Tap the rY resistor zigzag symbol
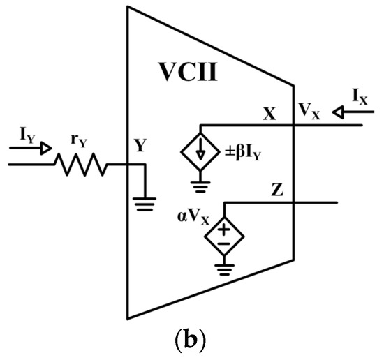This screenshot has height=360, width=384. click(x=82, y=165)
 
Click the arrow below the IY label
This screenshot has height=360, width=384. click(x=26, y=148)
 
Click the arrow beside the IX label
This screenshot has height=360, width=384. click(x=340, y=110)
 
